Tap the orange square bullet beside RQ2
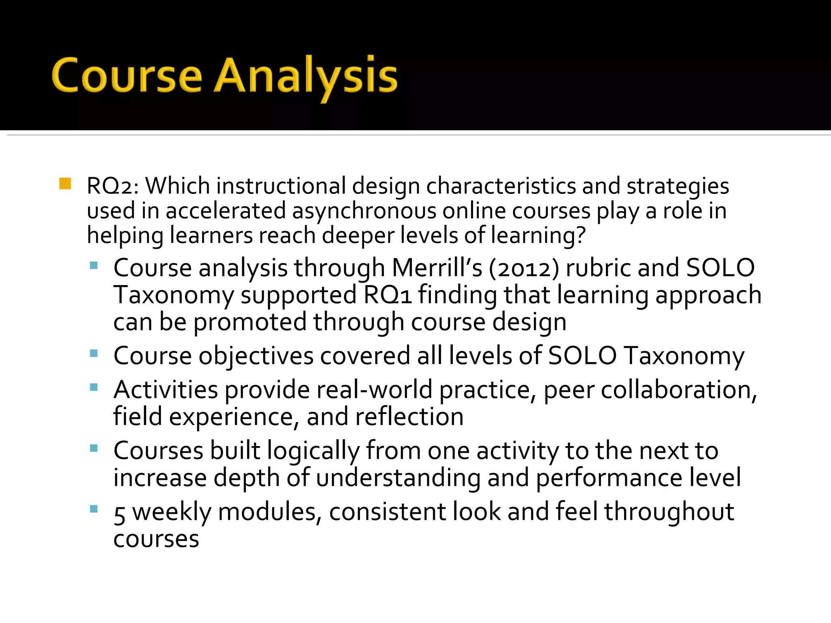click(65, 184)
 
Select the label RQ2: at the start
click(113, 186)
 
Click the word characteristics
click(501, 186)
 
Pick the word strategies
click(677, 186)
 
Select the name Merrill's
click(437, 268)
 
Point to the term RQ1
click(388, 295)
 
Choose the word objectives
click(256, 356)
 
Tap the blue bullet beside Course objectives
click(94, 353)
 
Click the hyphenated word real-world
click(374, 390)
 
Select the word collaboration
click(678, 390)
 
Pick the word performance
click(609, 477)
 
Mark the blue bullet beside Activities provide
click(94, 387)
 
